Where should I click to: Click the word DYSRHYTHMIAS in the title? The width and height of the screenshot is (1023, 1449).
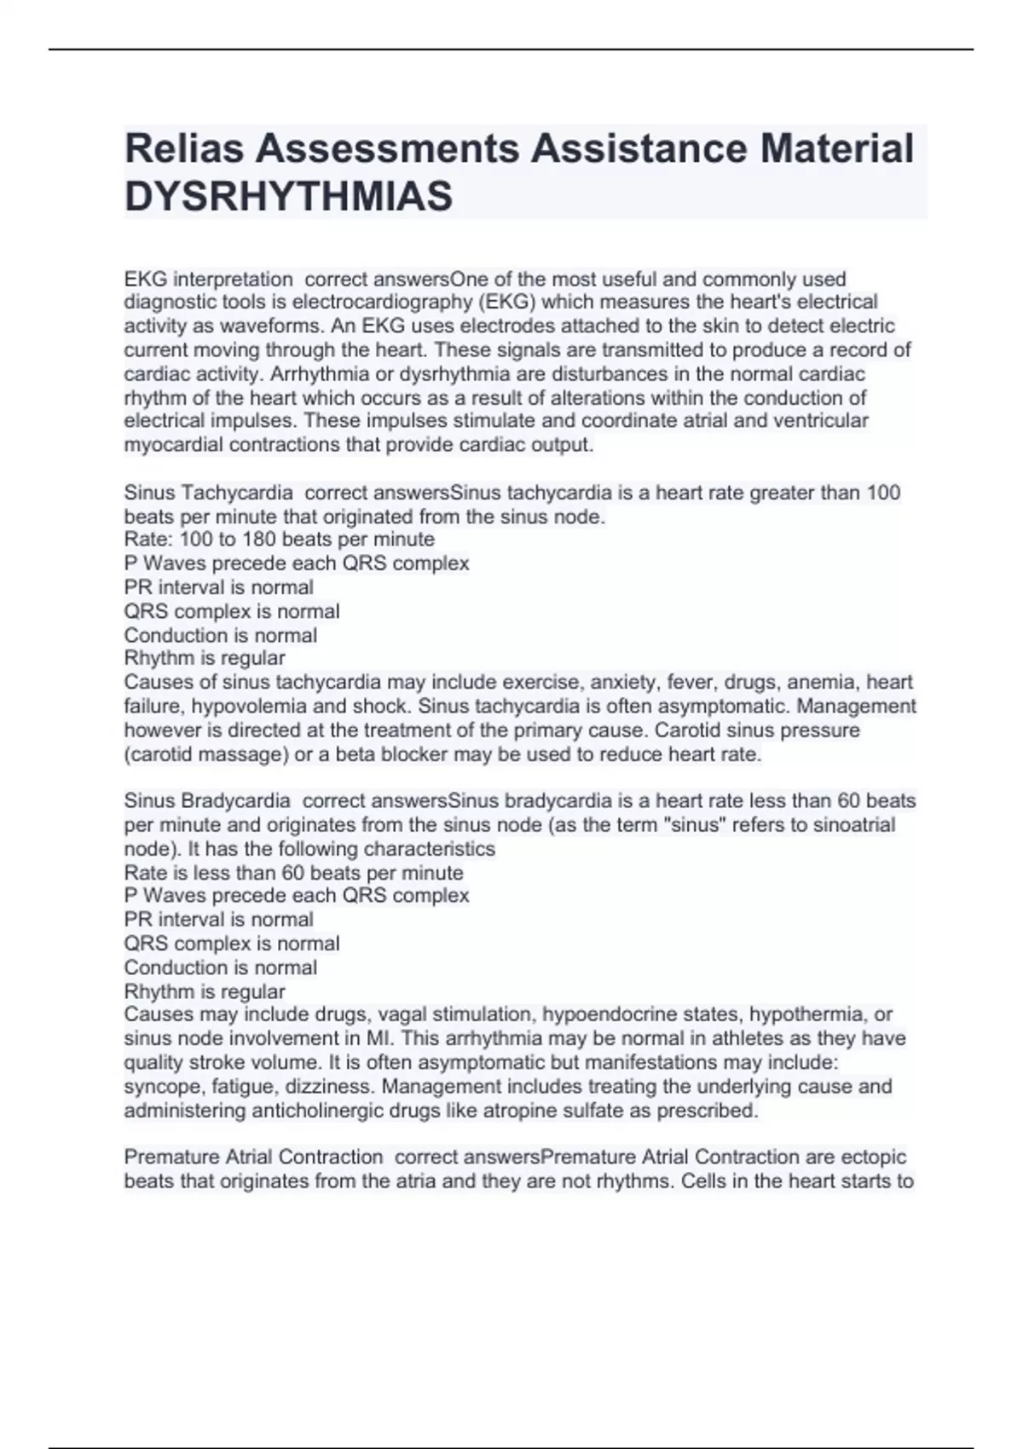(289, 197)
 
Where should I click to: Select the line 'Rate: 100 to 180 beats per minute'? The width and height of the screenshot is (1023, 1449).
(280, 540)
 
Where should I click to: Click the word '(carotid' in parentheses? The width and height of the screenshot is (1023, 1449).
(159, 754)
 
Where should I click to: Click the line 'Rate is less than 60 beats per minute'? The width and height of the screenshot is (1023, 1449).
(294, 873)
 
